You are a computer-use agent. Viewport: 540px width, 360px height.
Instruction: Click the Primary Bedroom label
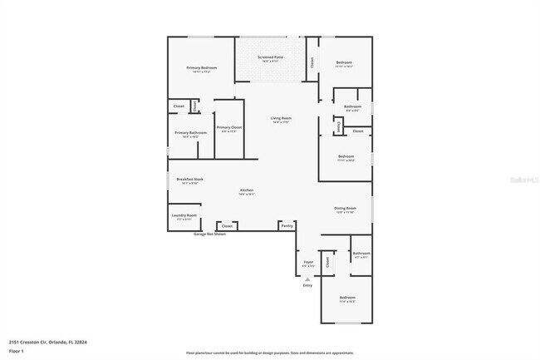click(x=202, y=67)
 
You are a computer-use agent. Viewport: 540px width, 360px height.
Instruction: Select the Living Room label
click(x=281, y=118)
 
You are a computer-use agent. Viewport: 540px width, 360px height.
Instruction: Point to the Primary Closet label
click(x=228, y=127)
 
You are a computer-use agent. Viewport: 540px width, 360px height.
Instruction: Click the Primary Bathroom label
click(x=190, y=133)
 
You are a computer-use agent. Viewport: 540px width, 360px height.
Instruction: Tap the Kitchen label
click(x=246, y=190)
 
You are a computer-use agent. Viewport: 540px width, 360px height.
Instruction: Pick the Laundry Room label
click(x=184, y=215)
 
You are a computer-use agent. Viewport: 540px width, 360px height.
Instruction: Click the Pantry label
click(x=287, y=225)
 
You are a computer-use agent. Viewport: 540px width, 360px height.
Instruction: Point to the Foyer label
click(x=308, y=261)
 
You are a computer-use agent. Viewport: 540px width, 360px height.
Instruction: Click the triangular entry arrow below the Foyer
click(x=308, y=279)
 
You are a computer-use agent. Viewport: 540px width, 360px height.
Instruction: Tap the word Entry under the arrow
click(x=308, y=286)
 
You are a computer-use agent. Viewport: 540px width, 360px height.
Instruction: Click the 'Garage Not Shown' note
click(x=209, y=234)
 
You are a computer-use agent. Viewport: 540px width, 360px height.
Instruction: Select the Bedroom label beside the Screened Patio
click(x=345, y=62)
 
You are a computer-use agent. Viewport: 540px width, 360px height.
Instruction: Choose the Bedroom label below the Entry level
click(x=346, y=297)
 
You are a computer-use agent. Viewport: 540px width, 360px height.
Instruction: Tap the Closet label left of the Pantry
click(x=227, y=225)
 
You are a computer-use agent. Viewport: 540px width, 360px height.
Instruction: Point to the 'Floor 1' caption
click(x=17, y=352)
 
